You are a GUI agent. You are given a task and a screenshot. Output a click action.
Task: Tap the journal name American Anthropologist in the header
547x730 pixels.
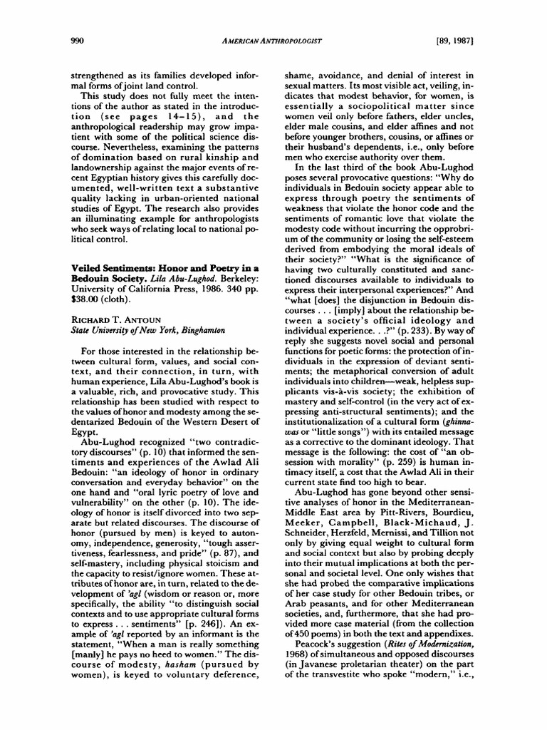(x=273, y=41)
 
